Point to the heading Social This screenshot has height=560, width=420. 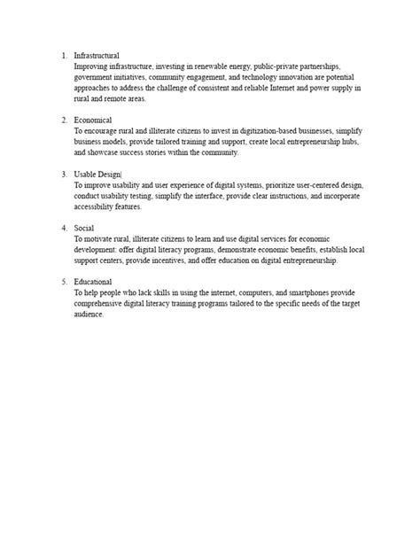click(x=85, y=229)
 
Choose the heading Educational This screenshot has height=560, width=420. click(x=93, y=283)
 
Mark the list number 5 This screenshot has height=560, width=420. click(x=63, y=283)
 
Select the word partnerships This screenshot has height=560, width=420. click(x=334, y=66)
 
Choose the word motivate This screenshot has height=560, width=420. click(x=99, y=239)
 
